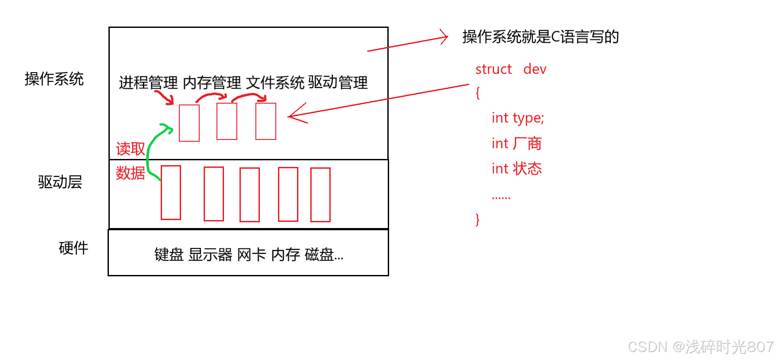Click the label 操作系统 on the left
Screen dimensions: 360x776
click(54, 79)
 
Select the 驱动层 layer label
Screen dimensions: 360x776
click(60, 182)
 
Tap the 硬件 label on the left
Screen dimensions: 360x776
click(73, 248)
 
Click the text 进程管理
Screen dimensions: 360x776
click(148, 82)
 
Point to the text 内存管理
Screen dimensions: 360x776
click(212, 82)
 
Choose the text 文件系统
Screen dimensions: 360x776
click(275, 82)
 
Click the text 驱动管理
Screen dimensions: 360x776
click(338, 82)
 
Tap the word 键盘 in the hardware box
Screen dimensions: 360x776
click(169, 255)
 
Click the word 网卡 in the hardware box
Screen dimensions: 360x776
click(251, 255)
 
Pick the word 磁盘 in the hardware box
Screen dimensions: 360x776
click(320, 255)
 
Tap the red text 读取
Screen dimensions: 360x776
click(130, 149)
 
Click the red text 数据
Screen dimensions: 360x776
click(130, 173)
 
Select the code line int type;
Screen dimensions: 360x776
click(517, 118)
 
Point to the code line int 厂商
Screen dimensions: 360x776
click(517, 143)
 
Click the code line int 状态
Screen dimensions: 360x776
click(517, 169)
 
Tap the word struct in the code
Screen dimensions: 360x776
click(493, 69)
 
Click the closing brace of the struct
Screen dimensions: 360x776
click(477, 219)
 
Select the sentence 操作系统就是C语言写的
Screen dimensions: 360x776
click(540, 37)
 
